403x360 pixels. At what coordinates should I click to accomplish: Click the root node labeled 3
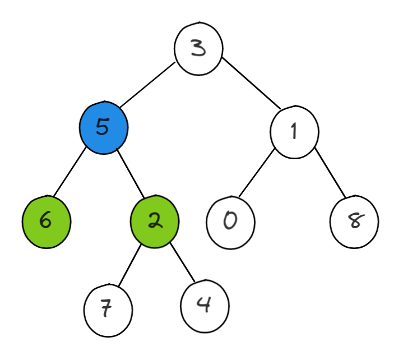tap(198, 48)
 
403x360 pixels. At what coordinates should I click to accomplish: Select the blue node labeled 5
tap(104, 127)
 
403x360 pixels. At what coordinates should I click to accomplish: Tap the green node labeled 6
tap(47, 220)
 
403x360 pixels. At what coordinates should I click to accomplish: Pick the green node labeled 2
tap(155, 221)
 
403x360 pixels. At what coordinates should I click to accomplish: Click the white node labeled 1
tap(294, 132)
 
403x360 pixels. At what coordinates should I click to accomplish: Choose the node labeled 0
tap(230, 221)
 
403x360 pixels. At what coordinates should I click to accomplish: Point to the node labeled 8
tap(354, 221)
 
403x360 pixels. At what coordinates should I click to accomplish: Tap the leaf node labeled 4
tap(205, 306)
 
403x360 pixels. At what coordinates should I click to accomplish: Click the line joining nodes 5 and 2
tap(130, 174)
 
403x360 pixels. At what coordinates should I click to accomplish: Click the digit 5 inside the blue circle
tap(102, 127)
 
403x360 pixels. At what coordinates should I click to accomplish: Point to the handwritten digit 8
tap(354, 221)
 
